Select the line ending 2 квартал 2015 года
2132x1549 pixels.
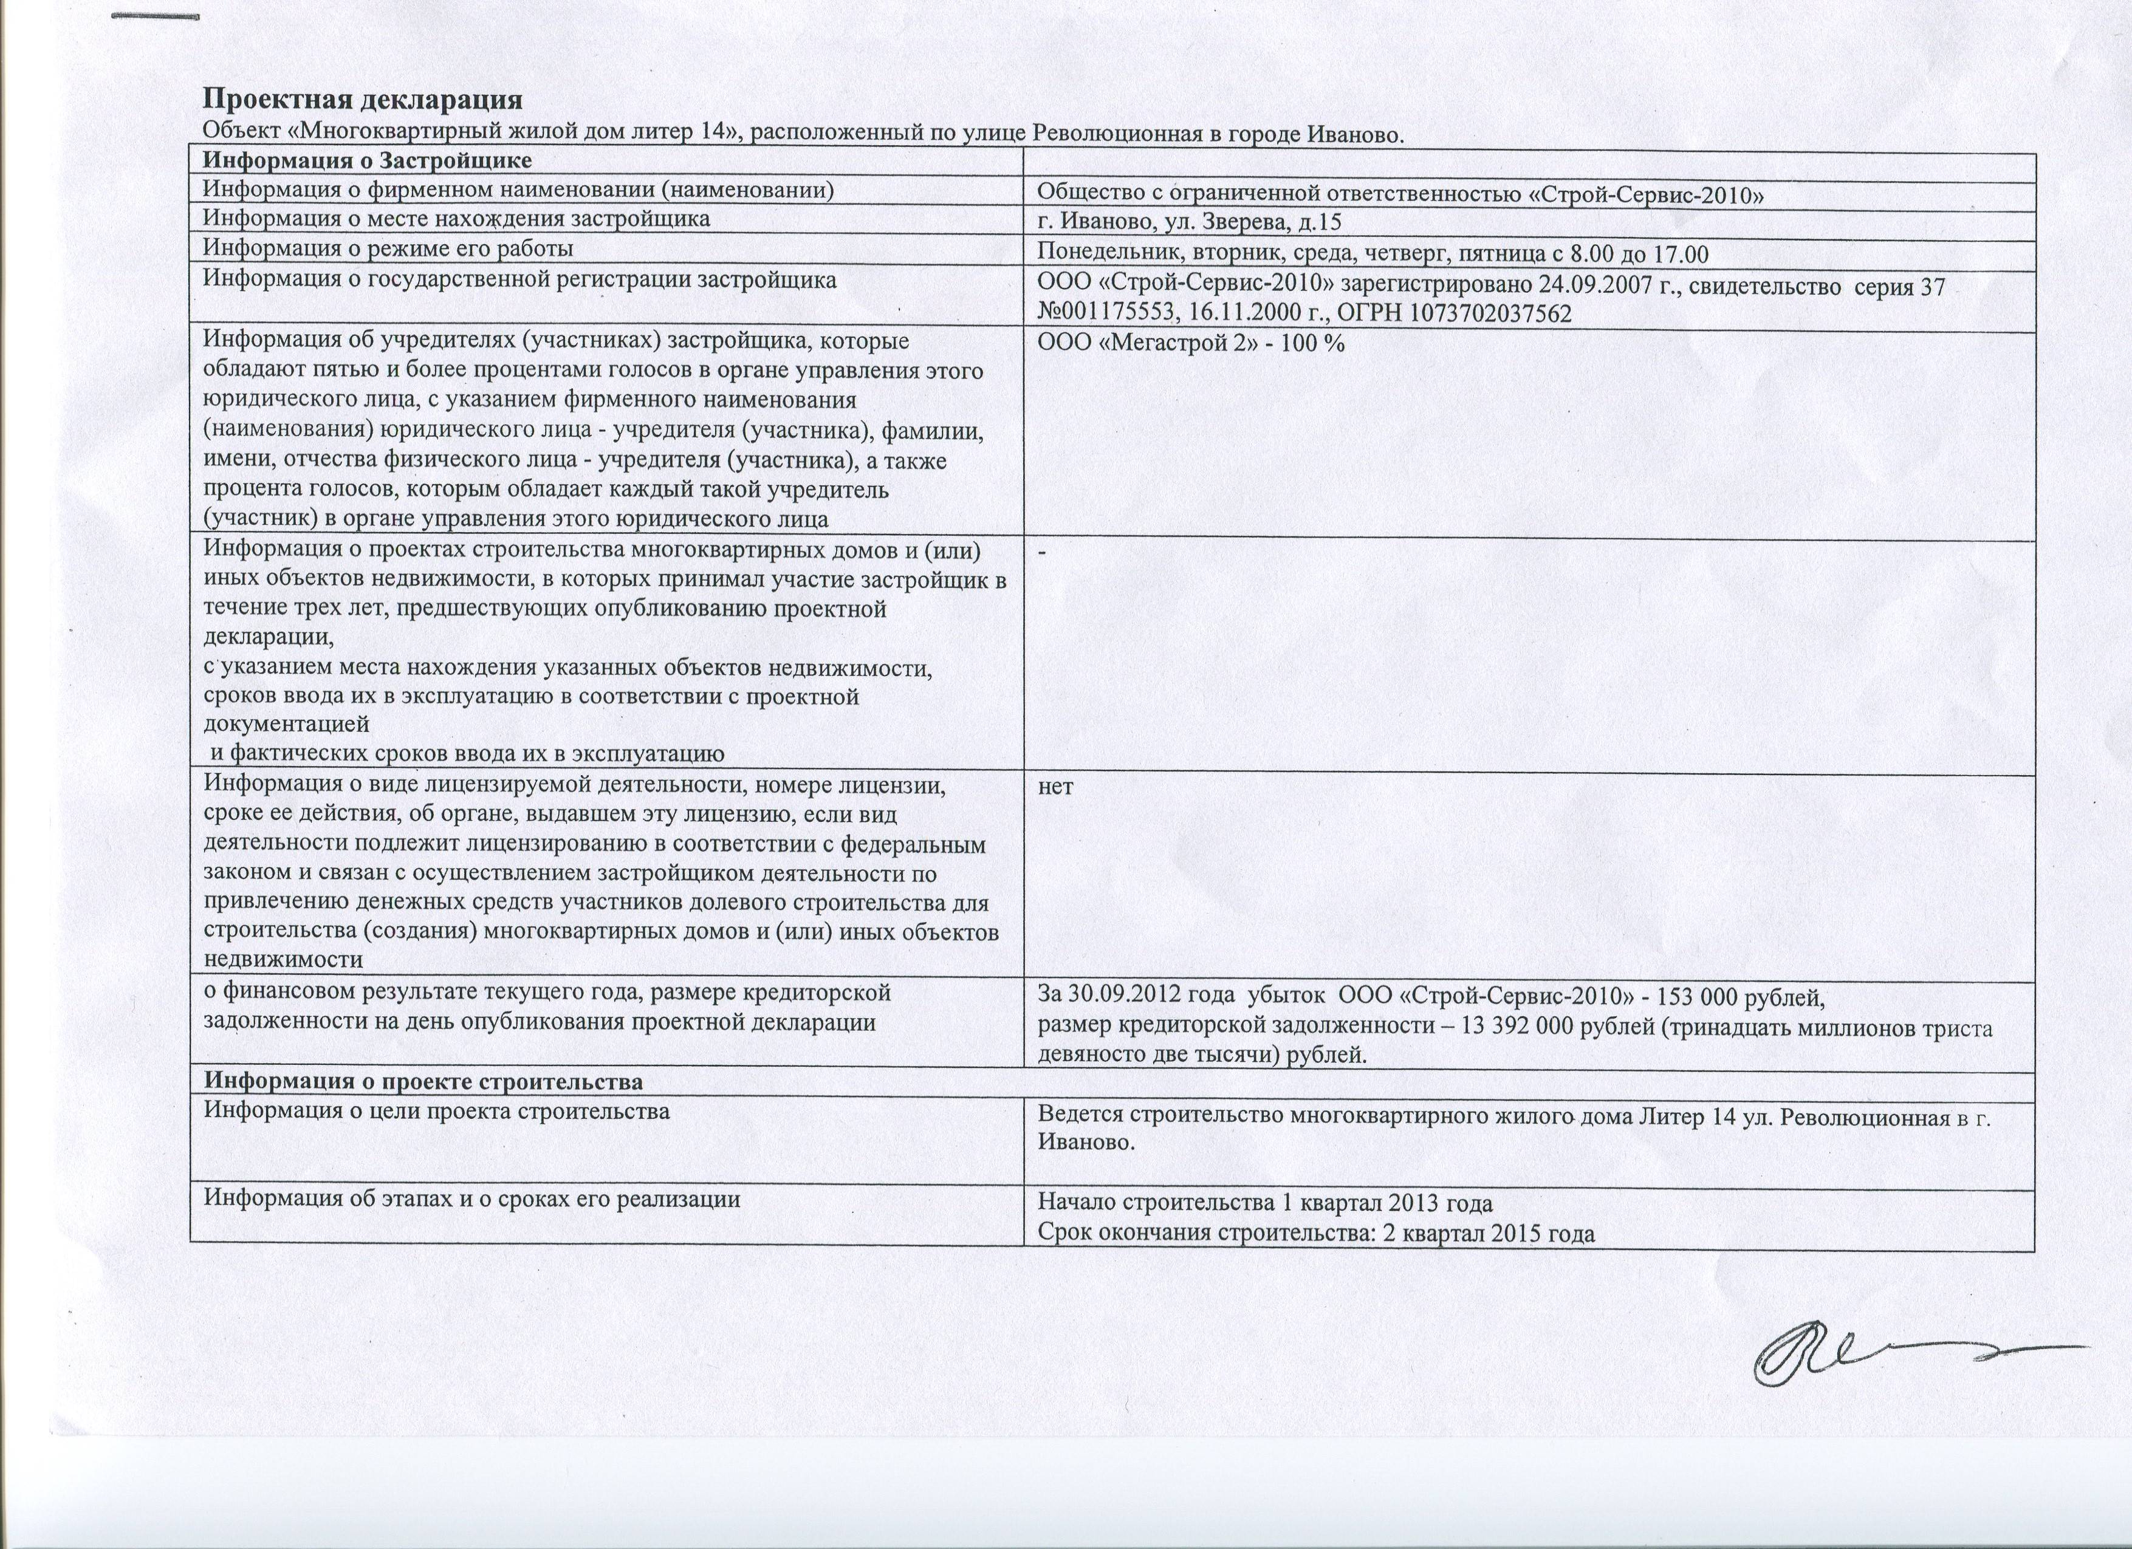click(x=1316, y=1233)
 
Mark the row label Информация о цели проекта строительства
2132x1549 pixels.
click(x=437, y=1112)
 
